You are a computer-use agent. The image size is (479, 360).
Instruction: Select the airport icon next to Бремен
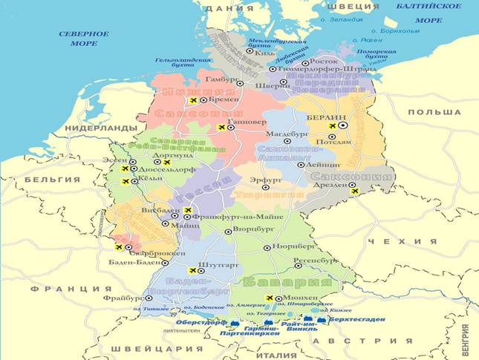(194, 99)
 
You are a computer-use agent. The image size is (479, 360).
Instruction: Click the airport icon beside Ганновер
(221, 128)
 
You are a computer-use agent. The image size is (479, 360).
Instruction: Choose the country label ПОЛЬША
(435, 112)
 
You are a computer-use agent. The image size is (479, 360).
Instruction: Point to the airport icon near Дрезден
(355, 192)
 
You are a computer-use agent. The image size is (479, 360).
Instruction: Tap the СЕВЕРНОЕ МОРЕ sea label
(84, 39)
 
